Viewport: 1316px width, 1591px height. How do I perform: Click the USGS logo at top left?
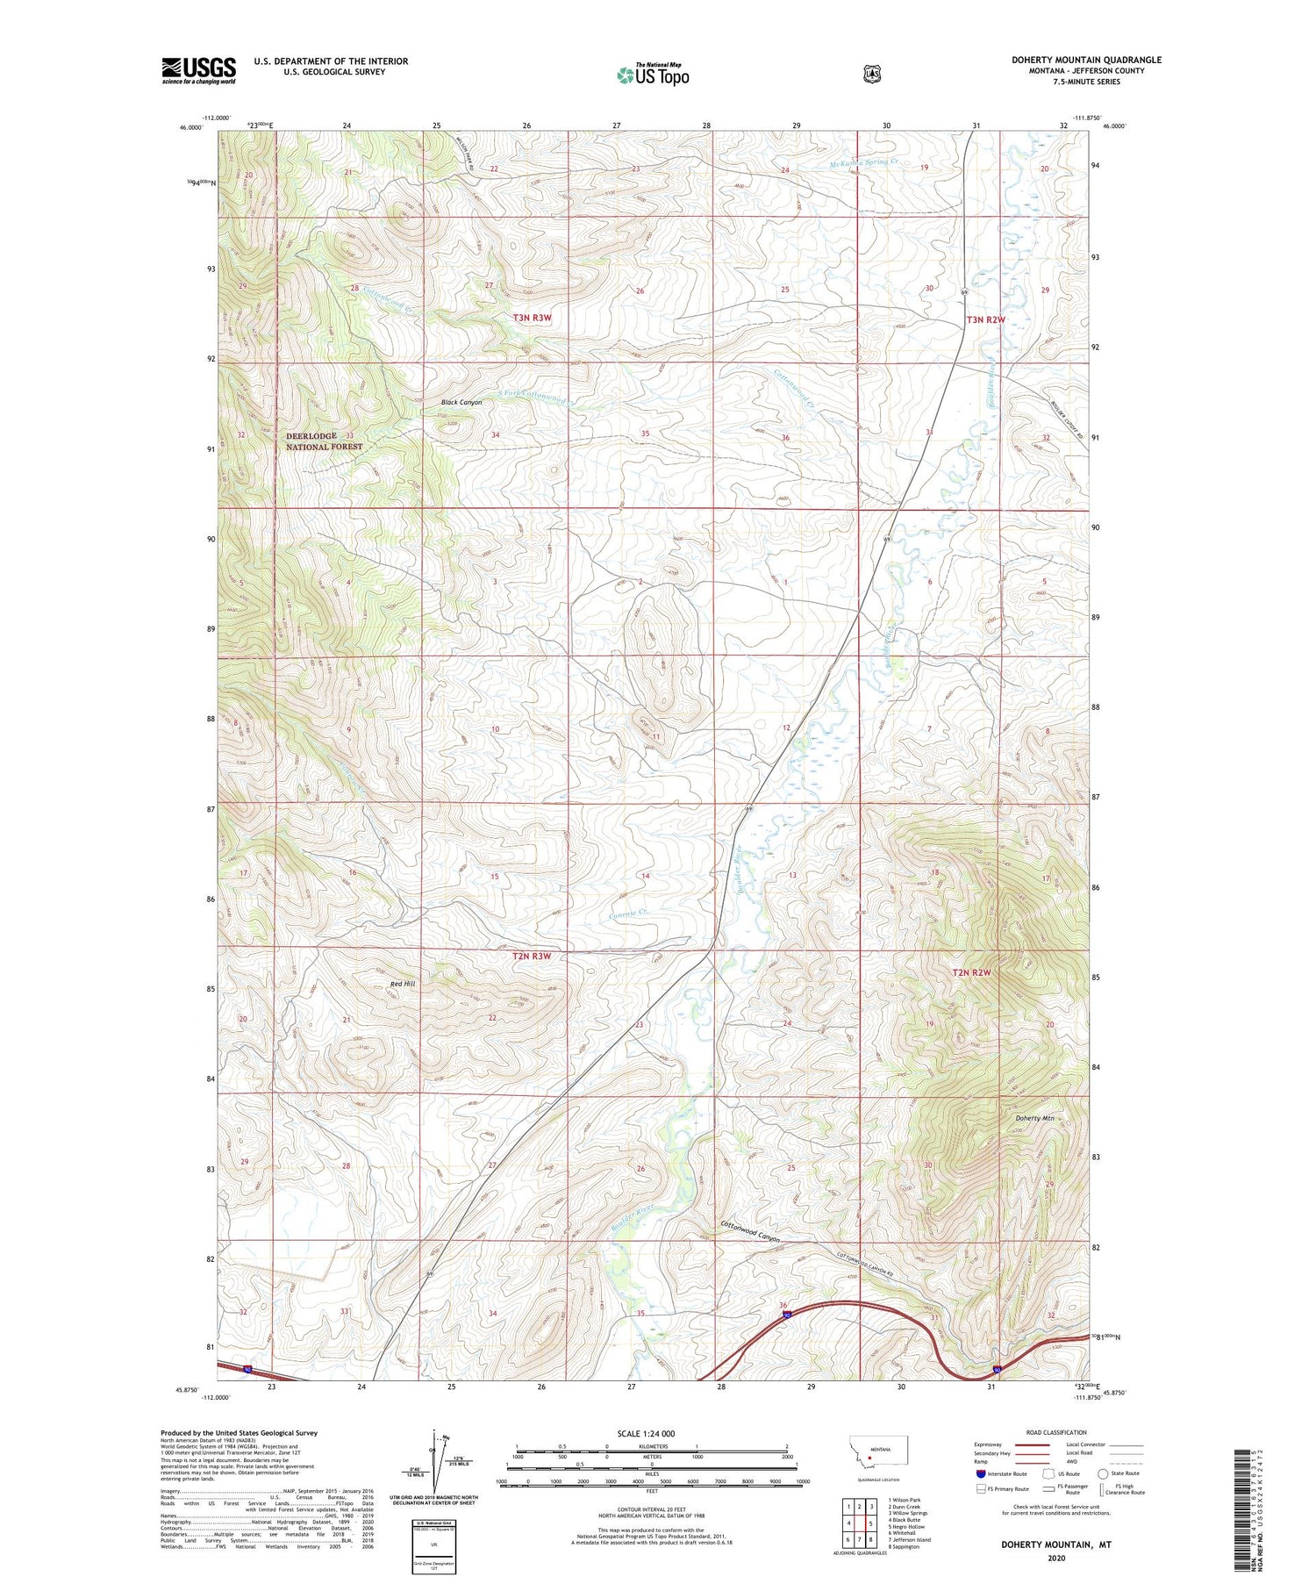tap(198, 70)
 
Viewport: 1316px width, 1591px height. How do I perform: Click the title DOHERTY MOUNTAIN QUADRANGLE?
tap(1086, 60)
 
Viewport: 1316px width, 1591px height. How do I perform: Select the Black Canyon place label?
tap(461, 402)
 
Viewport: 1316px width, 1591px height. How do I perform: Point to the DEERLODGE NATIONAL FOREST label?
tap(324, 441)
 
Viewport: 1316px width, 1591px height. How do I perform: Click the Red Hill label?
tap(403, 984)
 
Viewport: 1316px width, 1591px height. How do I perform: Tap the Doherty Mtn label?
tap(1034, 1118)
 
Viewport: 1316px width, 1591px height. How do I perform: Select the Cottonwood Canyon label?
tap(750, 1232)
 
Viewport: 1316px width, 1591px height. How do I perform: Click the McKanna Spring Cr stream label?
tap(864, 162)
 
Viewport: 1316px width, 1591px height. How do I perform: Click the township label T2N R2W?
tap(971, 972)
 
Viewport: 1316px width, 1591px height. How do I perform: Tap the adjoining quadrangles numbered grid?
tap(860, 1523)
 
